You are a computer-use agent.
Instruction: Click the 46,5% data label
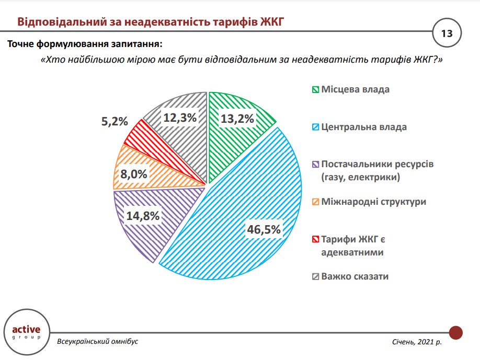pos(264,228)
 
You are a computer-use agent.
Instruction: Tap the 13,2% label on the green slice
pos(237,119)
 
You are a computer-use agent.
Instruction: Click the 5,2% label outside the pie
pos(113,121)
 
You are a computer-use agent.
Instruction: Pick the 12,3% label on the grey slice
pos(179,118)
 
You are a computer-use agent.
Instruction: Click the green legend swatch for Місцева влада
pos(315,89)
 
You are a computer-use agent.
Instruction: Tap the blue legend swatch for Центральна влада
pos(315,127)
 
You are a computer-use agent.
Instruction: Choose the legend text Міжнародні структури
pos(373,202)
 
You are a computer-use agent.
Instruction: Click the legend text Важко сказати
pos(355,276)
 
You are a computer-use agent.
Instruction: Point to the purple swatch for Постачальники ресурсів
pos(315,165)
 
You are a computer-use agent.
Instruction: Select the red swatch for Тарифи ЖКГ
pos(315,239)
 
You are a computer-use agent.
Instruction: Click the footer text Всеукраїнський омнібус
pos(98,341)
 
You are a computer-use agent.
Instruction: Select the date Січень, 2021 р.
pos(417,342)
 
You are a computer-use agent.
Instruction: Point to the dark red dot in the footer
pos(456,332)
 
